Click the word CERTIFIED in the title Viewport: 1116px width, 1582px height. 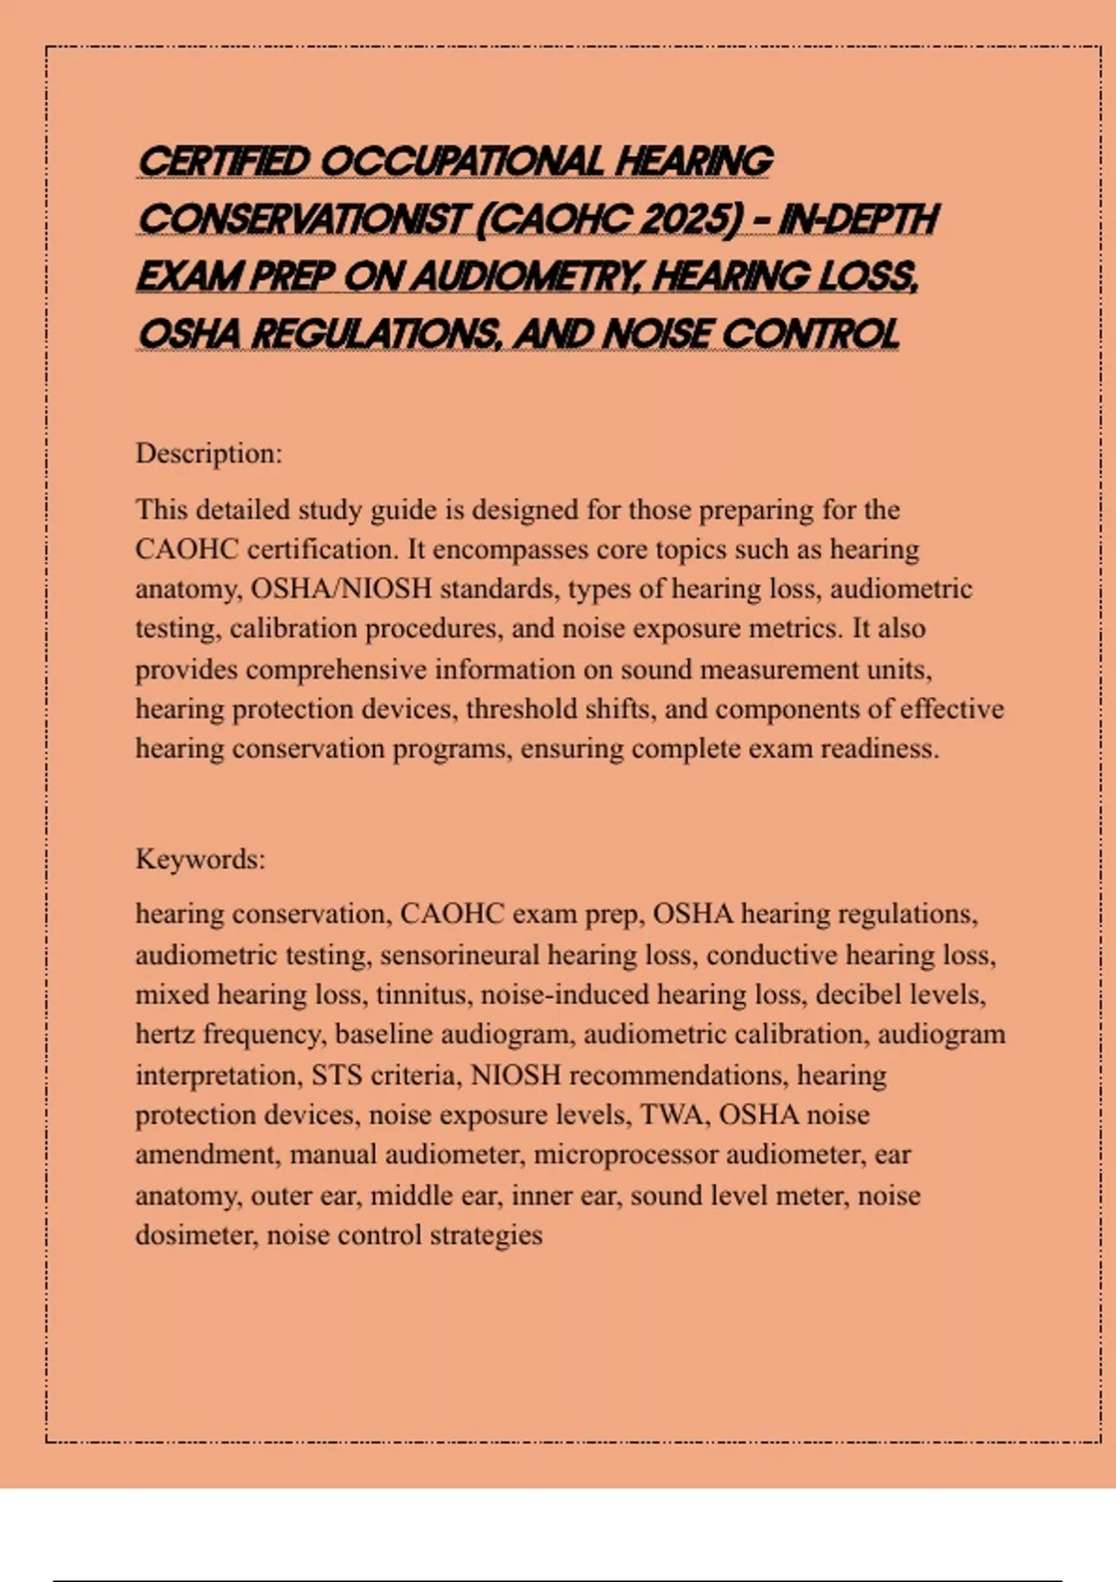[x=224, y=162]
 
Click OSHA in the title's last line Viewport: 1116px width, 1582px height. [x=189, y=335]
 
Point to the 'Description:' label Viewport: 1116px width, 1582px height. [x=208, y=454]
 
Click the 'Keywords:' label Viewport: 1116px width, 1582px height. [x=200, y=859]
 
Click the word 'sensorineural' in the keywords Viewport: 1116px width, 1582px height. [x=459, y=956]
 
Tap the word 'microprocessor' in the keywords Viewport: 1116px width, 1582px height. [x=626, y=1155]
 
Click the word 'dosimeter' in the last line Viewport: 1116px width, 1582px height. [x=195, y=1236]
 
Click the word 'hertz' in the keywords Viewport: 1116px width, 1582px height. [x=165, y=1035]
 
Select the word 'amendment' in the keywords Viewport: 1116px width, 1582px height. [x=206, y=1155]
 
